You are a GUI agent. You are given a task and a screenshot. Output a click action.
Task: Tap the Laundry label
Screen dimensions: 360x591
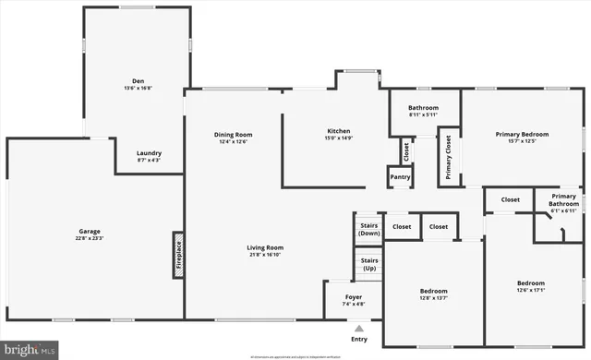(149, 153)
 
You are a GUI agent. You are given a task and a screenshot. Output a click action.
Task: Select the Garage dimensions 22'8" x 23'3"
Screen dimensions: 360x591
(89, 239)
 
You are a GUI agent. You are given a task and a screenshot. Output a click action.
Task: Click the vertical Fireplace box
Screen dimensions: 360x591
(178, 255)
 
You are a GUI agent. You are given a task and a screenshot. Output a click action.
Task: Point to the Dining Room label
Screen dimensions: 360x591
(233, 135)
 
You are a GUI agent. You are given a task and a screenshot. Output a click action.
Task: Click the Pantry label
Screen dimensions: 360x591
(400, 176)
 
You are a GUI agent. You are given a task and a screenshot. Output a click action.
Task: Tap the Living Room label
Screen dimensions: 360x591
(264, 247)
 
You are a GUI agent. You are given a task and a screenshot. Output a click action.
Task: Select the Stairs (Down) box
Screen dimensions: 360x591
(368, 229)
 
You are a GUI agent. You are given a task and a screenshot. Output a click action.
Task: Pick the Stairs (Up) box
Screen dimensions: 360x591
(368, 264)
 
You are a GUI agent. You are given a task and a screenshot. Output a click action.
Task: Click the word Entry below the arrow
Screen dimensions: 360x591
(359, 339)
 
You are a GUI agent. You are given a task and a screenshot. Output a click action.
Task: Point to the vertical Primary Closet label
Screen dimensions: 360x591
(449, 157)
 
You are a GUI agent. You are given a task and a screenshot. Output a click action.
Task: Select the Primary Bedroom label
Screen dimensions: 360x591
(521, 135)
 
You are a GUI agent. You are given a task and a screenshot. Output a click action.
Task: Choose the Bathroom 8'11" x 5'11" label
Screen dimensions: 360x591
(423, 108)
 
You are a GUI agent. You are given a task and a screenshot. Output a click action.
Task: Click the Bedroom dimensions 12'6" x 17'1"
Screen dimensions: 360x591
(530, 290)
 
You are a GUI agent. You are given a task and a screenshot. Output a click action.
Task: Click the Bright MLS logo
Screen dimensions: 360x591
(30, 350)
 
